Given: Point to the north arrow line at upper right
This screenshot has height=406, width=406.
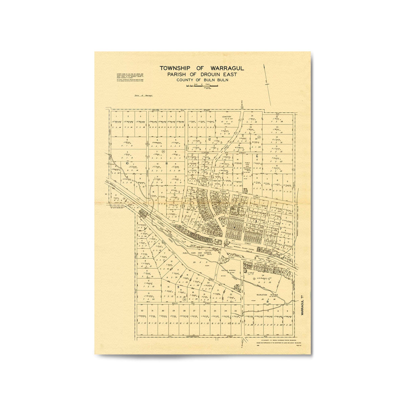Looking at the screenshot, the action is (x=268, y=85).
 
